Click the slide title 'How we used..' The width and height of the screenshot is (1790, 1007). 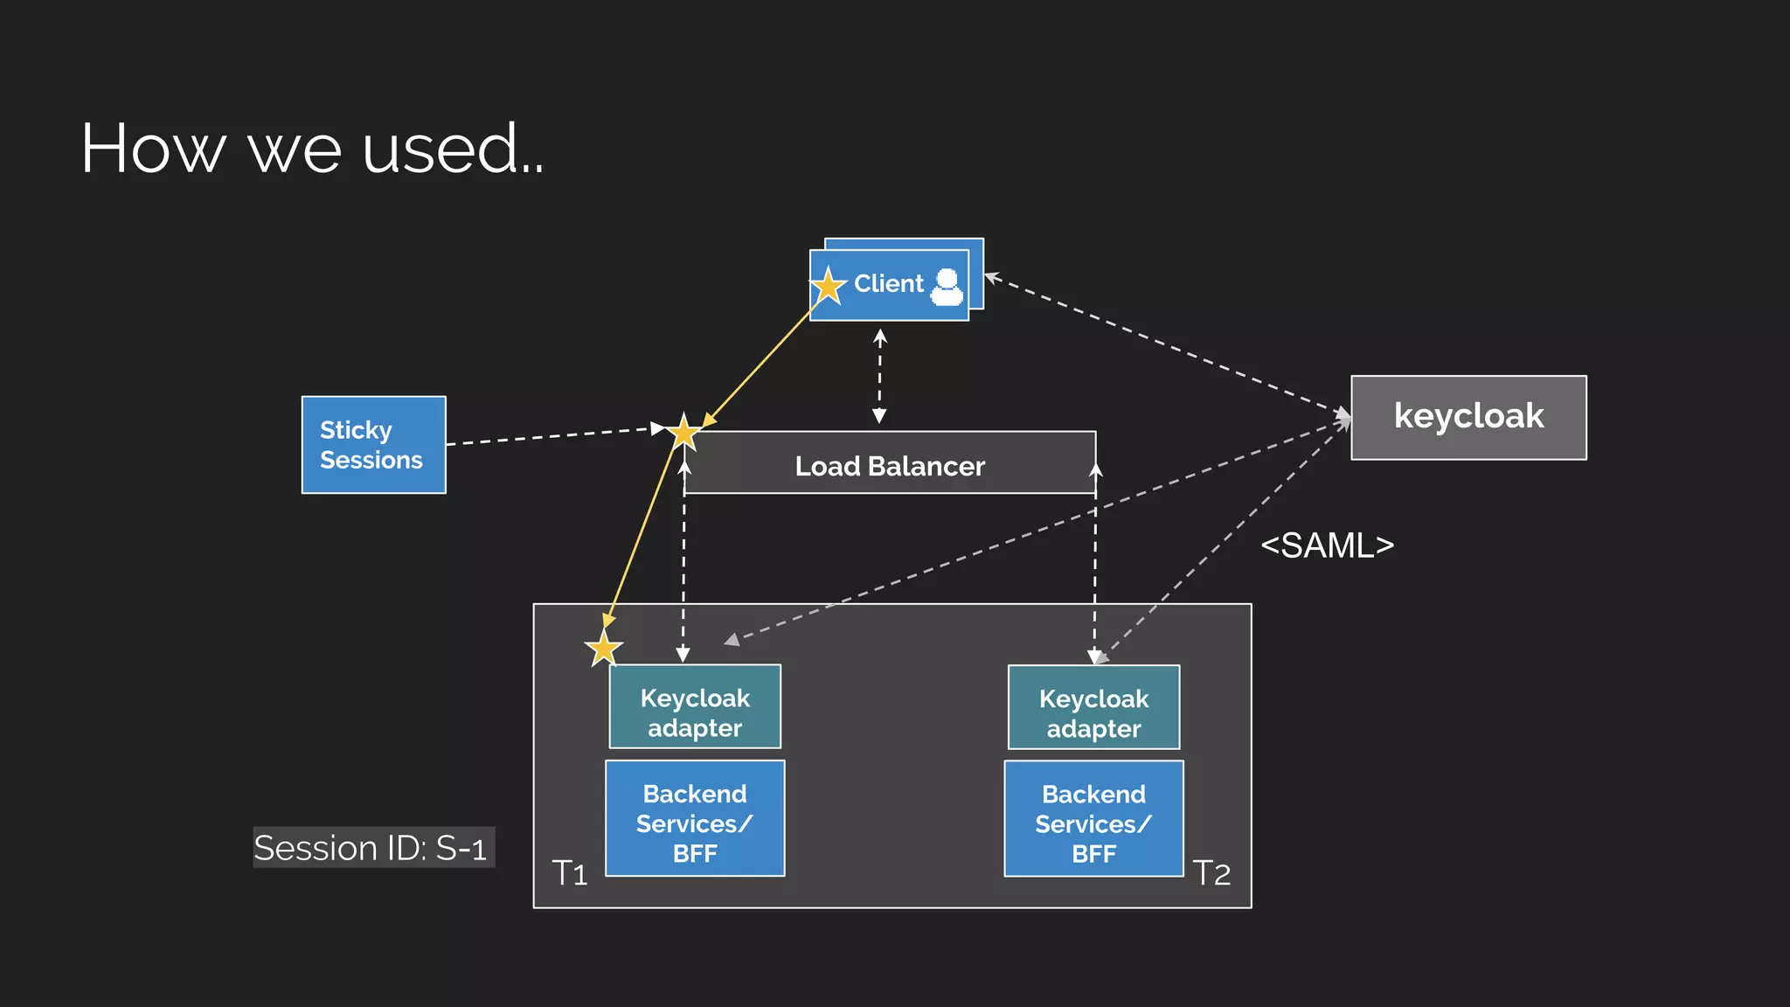tap(312, 149)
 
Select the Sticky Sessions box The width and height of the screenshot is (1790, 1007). tap(373, 445)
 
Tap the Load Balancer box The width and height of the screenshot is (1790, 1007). tap(890, 466)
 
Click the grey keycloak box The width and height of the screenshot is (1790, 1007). tap(1468, 417)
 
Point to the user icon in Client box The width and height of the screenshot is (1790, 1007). tap(947, 286)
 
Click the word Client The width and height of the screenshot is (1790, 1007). tap(888, 284)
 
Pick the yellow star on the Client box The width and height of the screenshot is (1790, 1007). tap(829, 286)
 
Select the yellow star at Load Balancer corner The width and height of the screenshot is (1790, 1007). tap(684, 432)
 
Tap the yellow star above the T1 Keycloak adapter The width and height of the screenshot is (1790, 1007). tap(604, 649)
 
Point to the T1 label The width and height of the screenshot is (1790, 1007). tap(570, 873)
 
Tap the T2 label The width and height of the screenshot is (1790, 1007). tap(1211, 873)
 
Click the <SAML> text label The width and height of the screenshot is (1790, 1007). tap(1327, 545)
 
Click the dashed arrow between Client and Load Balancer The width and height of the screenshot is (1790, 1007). tap(880, 376)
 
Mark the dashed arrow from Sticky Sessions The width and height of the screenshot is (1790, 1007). tap(551, 436)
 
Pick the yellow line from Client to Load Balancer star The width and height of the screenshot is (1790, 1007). tap(759, 366)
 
